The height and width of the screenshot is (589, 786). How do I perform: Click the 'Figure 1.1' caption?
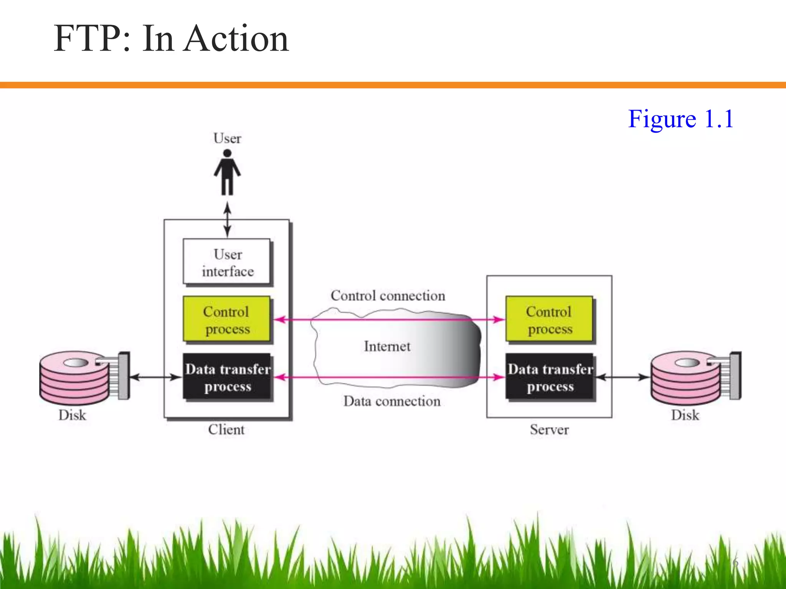(x=680, y=119)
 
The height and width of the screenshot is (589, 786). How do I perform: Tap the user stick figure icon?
(x=227, y=172)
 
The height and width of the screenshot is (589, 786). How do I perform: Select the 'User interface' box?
(x=227, y=262)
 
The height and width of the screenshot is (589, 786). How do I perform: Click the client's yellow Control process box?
(x=227, y=319)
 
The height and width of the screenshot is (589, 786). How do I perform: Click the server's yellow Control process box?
(x=549, y=319)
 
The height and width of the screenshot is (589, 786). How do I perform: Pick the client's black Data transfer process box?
(x=228, y=377)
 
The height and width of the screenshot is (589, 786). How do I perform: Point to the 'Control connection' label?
(x=388, y=296)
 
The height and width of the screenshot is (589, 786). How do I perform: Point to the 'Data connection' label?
(x=391, y=401)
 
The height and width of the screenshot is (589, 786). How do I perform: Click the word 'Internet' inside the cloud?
(x=387, y=346)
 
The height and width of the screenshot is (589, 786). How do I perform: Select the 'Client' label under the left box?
(x=226, y=429)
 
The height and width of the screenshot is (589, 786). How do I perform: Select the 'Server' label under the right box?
(x=549, y=429)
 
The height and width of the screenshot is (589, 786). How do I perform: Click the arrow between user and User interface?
(x=227, y=220)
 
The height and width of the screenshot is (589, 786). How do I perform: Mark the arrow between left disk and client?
(x=155, y=377)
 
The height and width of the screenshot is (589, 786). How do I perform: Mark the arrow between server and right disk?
(x=623, y=377)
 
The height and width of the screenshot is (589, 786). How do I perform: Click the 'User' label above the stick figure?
(x=227, y=138)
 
